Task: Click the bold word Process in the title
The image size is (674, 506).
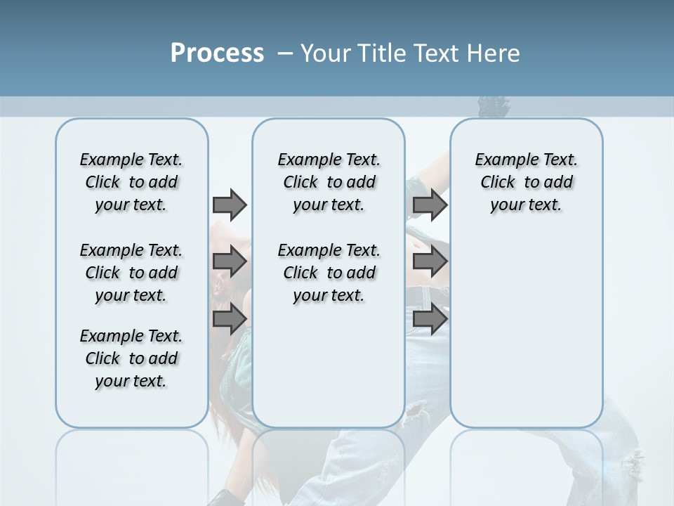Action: click(217, 53)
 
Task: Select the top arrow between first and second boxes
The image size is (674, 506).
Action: click(230, 205)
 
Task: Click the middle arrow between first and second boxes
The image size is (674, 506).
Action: click(230, 261)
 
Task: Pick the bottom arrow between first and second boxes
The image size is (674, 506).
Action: click(230, 319)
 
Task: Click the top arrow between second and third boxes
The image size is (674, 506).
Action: click(430, 205)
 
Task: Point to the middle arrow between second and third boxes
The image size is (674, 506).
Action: click(430, 261)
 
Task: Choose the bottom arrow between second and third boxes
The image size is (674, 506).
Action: click(430, 319)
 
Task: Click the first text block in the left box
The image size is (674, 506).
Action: click(131, 182)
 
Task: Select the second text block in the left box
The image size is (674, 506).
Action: click(131, 273)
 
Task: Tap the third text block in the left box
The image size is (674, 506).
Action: click(131, 358)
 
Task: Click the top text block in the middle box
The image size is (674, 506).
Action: click(329, 182)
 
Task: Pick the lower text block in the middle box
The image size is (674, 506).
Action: click(329, 273)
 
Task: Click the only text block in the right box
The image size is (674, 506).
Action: click(526, 182)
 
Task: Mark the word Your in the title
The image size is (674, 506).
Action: click(326, 53)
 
